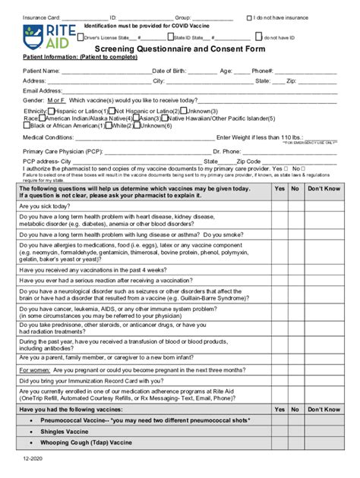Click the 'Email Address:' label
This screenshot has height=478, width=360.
[x=43, y=90]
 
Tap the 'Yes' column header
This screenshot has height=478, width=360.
[x=279, y=187]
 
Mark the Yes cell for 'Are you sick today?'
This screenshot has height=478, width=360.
[x=279, y=205]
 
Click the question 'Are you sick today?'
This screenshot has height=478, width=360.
[x=50, y=205]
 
